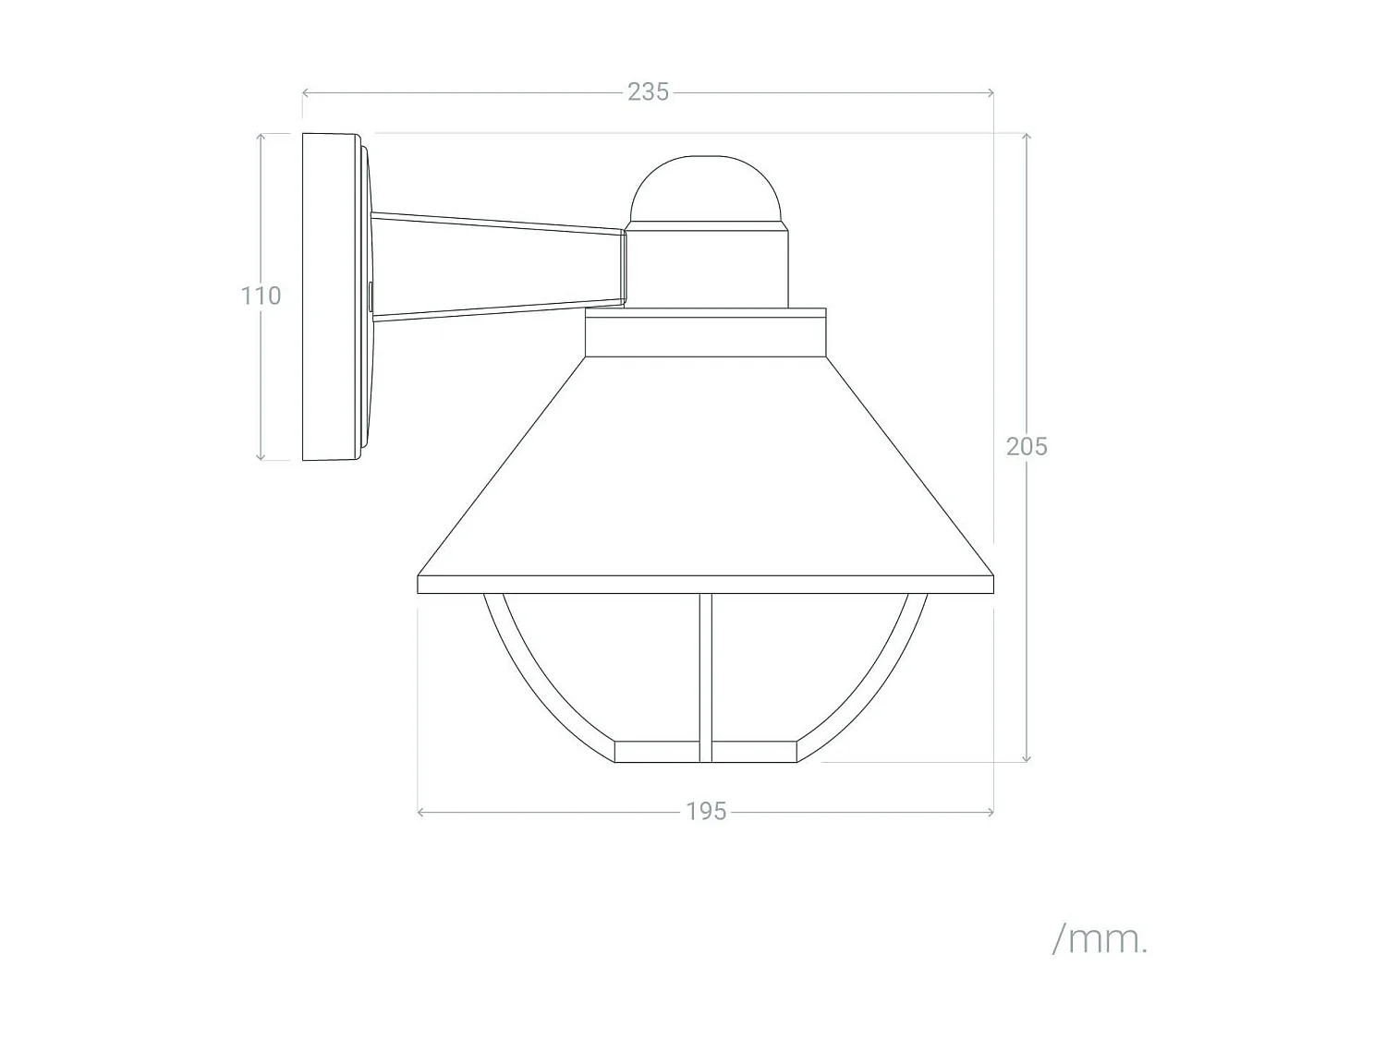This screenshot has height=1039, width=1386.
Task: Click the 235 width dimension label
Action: [x=648, y=92]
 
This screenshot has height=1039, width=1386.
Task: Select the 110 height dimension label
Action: [x=261, y=296]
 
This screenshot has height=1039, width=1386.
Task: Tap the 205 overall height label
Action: [x=1027, y=446]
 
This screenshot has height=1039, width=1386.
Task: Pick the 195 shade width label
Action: [x=706, y=812]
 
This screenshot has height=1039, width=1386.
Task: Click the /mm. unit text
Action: [x=1100, y=939]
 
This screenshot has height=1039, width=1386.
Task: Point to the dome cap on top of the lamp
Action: [x=706, y=189]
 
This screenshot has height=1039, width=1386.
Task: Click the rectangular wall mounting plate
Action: [x=330, y=296]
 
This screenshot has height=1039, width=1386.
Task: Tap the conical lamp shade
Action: [x=706, y=471]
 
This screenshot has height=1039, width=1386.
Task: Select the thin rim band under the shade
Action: [x=706, y=584]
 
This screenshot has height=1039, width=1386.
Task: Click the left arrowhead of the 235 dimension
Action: [x=306, y=92]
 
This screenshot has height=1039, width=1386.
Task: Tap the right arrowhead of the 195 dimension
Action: [x=991, y=812]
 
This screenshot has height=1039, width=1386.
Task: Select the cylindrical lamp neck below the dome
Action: [x=708, y=268]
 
